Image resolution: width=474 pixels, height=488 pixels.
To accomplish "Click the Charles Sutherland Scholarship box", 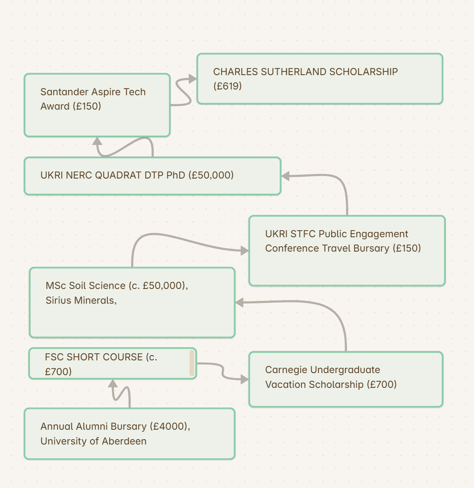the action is [x=320, y=79].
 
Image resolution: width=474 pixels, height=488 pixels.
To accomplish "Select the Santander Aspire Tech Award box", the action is [x=97, y=105].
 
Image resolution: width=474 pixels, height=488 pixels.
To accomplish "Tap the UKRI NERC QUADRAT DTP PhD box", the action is [x=153, y=176].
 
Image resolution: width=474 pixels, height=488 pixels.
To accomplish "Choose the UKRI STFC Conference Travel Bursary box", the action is [x=347, y=250].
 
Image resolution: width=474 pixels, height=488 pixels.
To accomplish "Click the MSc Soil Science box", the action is [x=132, y=302].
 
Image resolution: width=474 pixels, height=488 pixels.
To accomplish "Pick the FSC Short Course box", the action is [x=113, y=364].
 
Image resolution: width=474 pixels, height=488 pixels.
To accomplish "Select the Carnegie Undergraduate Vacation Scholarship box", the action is [x=346, y=379].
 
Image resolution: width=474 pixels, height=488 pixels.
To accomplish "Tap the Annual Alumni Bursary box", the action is [x=129, y=433].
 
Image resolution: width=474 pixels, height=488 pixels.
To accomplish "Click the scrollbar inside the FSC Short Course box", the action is [x=192, y=363].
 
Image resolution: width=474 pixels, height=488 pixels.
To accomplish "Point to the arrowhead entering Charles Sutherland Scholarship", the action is [x=193, y=79].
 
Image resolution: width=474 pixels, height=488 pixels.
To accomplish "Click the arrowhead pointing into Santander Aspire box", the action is [x=97, y=141].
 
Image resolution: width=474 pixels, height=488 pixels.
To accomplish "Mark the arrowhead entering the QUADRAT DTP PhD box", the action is [x=285, y=176].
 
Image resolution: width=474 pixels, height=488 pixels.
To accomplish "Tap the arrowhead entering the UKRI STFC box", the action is [x=245, y=250].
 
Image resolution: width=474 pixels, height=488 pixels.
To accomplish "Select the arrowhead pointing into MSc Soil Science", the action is [x=239, y=302].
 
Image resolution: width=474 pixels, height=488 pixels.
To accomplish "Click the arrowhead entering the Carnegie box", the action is [x=245, y=379].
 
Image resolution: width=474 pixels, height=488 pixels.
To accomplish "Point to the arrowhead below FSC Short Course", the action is [x=113, y=383].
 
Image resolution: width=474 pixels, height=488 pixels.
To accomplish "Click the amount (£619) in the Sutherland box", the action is [x=227, y=86].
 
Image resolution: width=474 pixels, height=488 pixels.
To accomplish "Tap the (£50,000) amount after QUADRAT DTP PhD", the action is [x=211, y=175].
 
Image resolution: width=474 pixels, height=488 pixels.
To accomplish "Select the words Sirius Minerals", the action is [x=81, y=300].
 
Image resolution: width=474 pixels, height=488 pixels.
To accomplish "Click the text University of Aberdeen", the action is [x=93, y=441].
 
